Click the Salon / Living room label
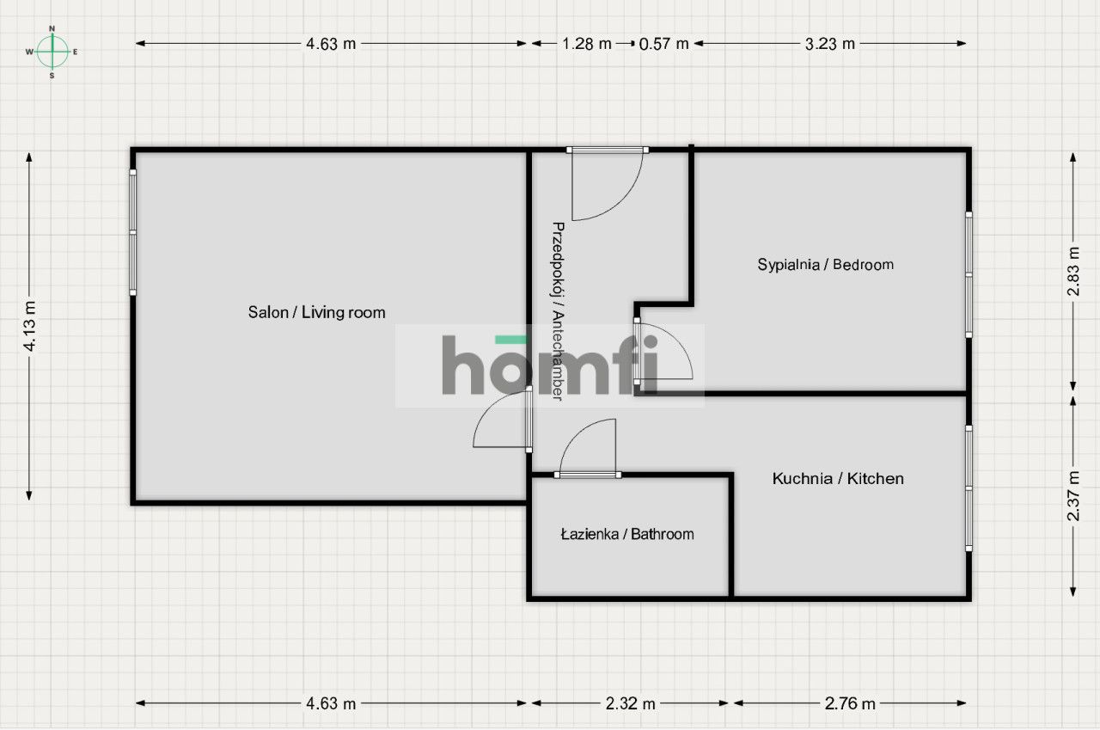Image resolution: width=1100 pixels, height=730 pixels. coord(316,313)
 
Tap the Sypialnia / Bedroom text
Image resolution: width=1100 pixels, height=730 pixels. coord(825,265)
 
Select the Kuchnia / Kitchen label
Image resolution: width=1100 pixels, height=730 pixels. coord(837,479)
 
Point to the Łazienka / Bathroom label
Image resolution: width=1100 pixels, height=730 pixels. coord(626,535)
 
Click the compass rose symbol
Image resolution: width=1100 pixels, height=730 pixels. coord(52,52)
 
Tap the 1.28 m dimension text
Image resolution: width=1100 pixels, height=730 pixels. coord(587,44)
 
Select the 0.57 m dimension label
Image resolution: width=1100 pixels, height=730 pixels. coord(664,44)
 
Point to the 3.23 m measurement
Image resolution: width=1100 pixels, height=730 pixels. coord(829,44)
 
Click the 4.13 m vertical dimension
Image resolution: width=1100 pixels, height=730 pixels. coord(29,327)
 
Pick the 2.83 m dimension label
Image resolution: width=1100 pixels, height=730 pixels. coord(1072,272)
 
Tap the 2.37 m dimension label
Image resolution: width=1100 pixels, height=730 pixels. coord(1072,496)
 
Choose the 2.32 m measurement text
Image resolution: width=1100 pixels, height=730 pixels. coord(630,703)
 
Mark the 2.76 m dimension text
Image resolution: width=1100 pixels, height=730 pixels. coord(850,703)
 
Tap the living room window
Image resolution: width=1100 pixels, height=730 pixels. coord(133,232)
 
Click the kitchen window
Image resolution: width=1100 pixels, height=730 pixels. coord(969,488)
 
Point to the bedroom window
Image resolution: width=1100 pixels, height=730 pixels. coord(969,274)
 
